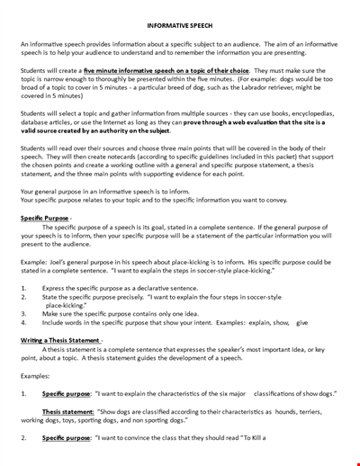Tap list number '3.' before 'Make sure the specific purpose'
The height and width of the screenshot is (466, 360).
tap(23, 313)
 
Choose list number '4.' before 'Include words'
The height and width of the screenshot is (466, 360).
tap(23, 322)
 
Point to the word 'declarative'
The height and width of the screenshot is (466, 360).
tap(162, 287)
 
